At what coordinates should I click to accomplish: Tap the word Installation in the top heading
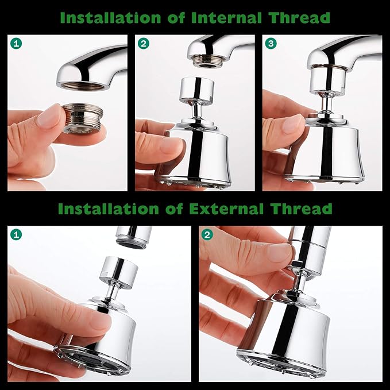(117, 17)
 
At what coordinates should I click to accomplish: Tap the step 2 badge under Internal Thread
(143, 43)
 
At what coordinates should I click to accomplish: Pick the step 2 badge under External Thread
(207, 234)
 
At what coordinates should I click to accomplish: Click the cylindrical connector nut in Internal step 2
(197, 89)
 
